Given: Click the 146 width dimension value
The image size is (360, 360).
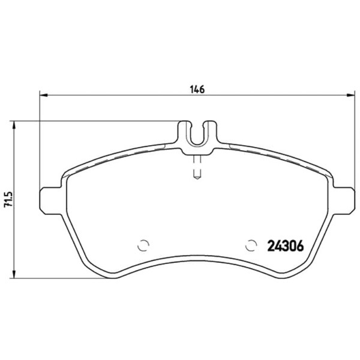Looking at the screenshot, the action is click(x=197, y=89).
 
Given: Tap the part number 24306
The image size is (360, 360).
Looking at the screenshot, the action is click(x=286, y=246).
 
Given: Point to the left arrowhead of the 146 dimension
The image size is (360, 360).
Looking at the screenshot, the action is click(x=43, y=95).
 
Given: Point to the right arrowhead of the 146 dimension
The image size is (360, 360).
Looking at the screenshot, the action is click(x=351, y=95).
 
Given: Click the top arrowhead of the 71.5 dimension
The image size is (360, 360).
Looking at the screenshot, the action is click(x=14, y=125).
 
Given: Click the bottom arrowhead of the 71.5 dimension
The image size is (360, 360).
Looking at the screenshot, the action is click(x=14, y=274).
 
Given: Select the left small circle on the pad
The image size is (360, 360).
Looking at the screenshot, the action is click(x=143, y=245).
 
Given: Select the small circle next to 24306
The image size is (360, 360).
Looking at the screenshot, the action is click(x=251, y=245).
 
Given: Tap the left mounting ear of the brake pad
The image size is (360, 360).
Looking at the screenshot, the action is click(x=51, y=200).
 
